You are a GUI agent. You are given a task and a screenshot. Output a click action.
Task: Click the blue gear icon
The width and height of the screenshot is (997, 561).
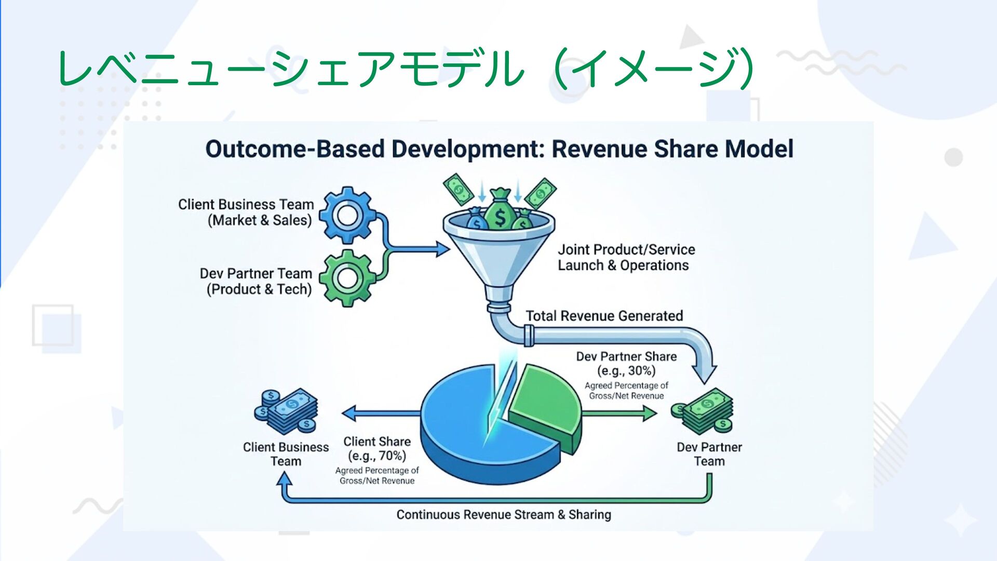(x=347, y=215)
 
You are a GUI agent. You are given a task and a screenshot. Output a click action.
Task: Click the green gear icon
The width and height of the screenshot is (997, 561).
(x=347, y=278)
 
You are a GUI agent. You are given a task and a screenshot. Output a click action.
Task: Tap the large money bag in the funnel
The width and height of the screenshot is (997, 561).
(x=500, y=210)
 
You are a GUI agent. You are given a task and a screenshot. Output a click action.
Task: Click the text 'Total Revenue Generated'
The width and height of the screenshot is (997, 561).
(x=604, y=316)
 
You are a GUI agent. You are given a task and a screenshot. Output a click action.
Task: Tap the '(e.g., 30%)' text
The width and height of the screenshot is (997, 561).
(x=626, y=371)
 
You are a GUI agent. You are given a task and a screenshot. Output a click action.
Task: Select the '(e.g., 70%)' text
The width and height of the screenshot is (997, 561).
(x=377, y=456)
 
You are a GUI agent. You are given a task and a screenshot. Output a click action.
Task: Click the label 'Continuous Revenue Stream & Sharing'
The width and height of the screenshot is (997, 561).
(x=504, y=515)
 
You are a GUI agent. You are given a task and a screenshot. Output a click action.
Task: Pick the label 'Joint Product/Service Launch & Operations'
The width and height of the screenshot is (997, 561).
(x=626, y=258)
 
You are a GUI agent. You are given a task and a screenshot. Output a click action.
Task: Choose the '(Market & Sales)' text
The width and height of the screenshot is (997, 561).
(x=260, y=220)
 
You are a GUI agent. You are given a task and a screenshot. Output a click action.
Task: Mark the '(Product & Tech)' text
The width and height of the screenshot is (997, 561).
(x=259, y=289)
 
